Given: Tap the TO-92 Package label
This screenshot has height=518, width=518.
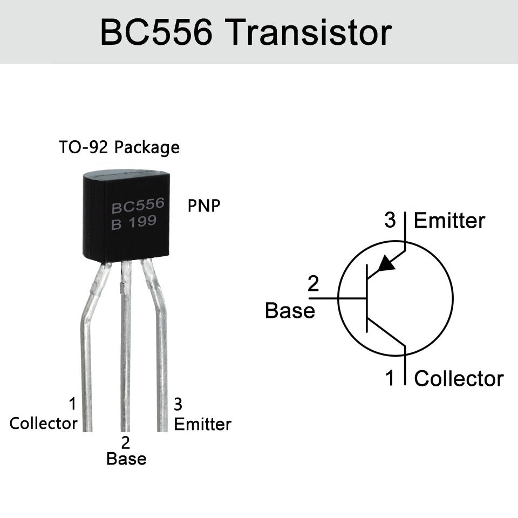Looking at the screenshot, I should [119, 147].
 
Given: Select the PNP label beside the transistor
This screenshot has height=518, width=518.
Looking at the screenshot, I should [204, 206].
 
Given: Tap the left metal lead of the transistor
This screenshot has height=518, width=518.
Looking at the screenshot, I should [86, 351].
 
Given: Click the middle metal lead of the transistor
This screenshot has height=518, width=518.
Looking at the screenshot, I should [125, 351].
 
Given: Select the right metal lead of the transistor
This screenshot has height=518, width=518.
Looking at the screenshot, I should [161, 351].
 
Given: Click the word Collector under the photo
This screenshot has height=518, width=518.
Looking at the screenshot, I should [43, 424].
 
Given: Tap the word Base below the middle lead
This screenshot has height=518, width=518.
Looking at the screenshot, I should [126, 459].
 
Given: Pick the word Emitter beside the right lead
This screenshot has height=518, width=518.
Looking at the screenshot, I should [202, 425].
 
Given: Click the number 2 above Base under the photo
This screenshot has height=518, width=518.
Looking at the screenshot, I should [126, 443].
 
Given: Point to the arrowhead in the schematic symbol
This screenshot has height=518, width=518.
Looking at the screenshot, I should [386, 263].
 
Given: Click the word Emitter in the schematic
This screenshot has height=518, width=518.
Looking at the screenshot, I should [449, 221].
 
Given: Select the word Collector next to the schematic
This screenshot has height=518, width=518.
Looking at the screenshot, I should [459, 379].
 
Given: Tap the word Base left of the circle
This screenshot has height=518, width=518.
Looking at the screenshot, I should [290, 311].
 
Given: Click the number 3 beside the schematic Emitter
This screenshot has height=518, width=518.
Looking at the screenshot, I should [390, 220].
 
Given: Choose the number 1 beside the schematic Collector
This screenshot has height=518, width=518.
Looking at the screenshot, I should [390, 378].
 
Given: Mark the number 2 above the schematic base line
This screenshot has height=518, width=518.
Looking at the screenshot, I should [313, 284].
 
